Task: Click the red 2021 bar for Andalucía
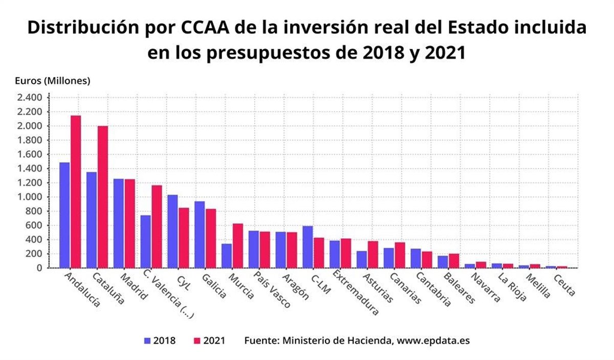76,191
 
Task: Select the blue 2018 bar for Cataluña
92,219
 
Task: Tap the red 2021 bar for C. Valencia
157,226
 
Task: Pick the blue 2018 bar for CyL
172,231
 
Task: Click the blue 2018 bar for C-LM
308,246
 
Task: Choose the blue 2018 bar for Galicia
200,234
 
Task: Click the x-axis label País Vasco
271,290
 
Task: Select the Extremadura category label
355,293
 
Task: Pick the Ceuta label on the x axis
564,285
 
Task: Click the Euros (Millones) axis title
52,81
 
